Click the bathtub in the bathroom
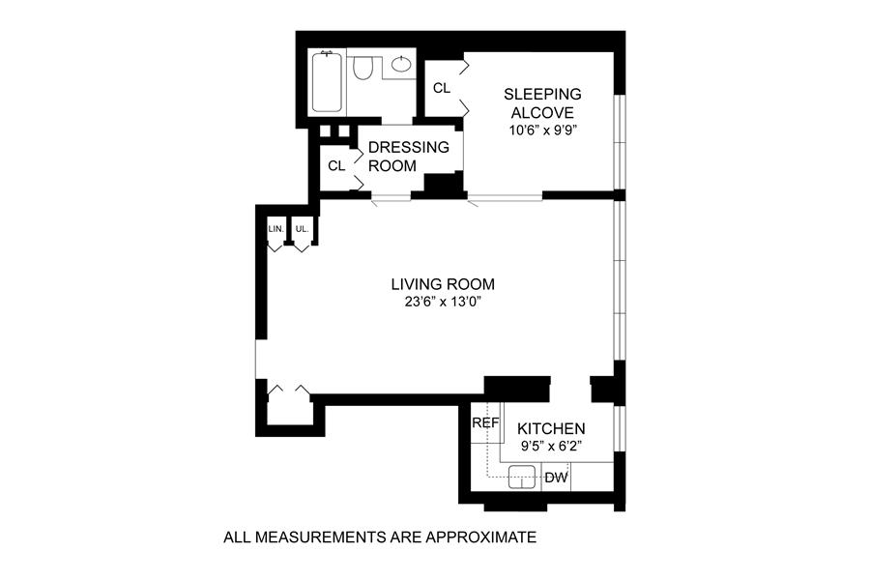point(327,81)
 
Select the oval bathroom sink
point(401,64)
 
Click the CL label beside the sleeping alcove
point(442,88)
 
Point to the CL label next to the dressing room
point(336,166)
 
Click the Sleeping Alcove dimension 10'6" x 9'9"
point(542,131)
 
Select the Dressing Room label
point(408,157)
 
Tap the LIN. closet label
point(275,229)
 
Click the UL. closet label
point(302,229)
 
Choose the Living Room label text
point(443,284)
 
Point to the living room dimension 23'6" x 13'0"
point(442,303)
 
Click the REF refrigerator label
point(485,423)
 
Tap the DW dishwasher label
point(556,478)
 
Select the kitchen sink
point(522,477)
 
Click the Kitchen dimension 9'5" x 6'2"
point(551,446)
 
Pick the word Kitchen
point(551,428)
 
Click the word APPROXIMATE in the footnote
point(480,537)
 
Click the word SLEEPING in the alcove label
point(542,95)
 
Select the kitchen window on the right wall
point(620,429)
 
